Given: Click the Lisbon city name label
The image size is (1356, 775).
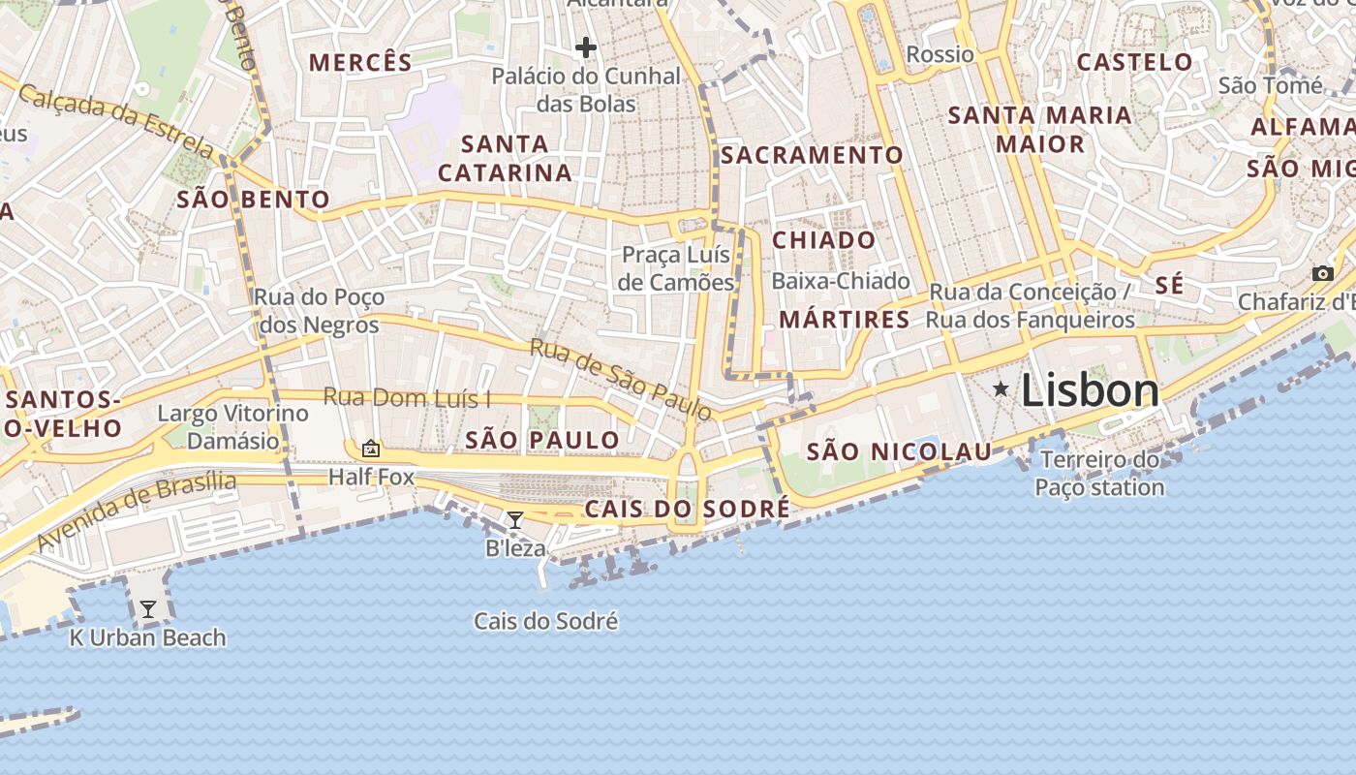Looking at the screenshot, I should pyautogui.click(x=1090, y=390).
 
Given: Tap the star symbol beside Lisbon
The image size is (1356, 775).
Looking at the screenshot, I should pyautogui.click(x=1001, y=389).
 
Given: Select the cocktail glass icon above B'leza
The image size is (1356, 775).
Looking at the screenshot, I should pyautogui.click(x=515, y=520).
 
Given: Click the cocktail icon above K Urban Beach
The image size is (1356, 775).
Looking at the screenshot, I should pyautogui.click(x=148, y=609).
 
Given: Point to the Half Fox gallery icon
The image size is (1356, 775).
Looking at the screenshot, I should pyautogui.click(x=370, y=449).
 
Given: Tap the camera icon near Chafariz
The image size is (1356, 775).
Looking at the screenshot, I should pyautogui.click(x=1322, y=274).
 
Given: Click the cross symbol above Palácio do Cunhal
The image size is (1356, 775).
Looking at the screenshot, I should pyautogui.click(x=585, y=46).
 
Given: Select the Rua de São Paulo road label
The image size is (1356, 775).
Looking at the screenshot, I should pyautogui.click(x=621, y=379).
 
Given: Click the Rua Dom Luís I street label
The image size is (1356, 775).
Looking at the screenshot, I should pyautogui.click(x=407, y=397).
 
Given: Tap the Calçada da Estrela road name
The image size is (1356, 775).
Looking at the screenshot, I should pyautogui.click(x=116, y=122).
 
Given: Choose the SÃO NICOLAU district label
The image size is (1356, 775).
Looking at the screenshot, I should pyautogui.click(x=899, y=451).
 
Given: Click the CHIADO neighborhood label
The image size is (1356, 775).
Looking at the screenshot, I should pyautogui.click(x=823, y=239).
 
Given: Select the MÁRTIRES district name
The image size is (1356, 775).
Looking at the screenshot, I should pyautogui.click(x=845, y=319).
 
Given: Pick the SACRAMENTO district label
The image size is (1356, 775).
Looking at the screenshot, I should pyautogui.click(x=812, y=155).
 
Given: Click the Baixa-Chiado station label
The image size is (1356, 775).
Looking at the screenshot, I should pyautogui.click(x=841, y=281).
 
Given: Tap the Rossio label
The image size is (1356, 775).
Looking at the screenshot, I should pyautogui.click(x=940, y=54).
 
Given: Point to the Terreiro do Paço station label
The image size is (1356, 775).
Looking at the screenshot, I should pyautogui.click(x=1099, y=473).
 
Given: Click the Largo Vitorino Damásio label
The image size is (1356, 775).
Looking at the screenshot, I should pyautogui.click(x=232, y=427).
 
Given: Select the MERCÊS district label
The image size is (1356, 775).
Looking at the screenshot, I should pyautogui.click(x=360, y=63).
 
